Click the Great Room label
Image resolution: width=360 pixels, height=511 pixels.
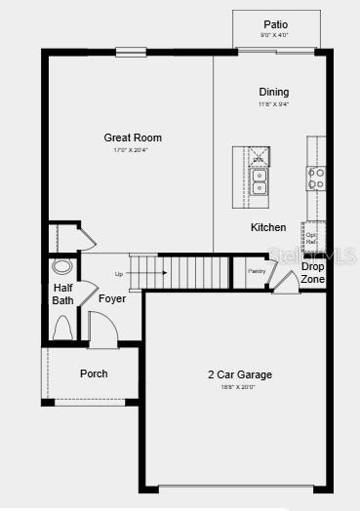point(133,138)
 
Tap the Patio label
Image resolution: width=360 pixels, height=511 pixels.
point(276,24)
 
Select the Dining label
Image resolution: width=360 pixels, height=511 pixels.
point(273,92)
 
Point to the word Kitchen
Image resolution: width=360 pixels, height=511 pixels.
point(268,227)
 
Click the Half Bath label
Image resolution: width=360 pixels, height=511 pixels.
point(62,294)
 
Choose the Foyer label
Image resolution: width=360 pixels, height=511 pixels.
point(112,298)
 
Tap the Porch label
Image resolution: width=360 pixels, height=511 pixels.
point(94,373)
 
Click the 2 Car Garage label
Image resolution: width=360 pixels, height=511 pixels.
point(239,374)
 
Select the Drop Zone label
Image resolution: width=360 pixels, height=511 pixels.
point(312,272)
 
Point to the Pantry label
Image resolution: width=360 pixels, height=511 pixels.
point(257,271)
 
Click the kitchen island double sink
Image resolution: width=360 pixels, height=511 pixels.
point(260,181)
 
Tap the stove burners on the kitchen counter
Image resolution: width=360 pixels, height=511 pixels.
point(316,177)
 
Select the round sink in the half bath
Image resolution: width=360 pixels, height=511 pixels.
point(62,265)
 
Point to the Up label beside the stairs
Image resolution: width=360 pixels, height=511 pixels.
point(119,273)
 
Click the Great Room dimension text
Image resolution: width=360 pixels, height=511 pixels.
point(133,150)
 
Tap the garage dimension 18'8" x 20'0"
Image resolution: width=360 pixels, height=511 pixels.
point(239,387)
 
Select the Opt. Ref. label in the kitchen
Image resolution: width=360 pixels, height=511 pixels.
point(311,238)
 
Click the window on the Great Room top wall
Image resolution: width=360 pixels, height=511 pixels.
point(130,52)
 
